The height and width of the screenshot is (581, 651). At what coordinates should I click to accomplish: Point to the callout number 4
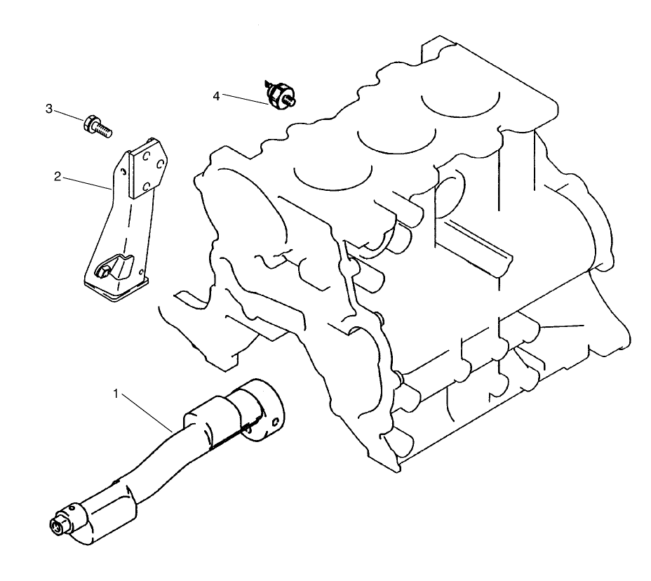pyautogui.click(x=217, y=95)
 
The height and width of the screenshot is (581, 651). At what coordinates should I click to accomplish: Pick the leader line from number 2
pyautogui.click(x=88, y=183)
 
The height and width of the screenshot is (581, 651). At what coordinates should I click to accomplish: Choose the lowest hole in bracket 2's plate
pyautogui.click(x=147, y=187)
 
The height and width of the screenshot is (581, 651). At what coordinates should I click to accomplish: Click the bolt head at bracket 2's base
pyautogui.click(x=104, y=268)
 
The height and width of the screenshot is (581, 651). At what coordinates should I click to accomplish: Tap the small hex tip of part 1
pyautogui.click(x=56, y=526)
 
